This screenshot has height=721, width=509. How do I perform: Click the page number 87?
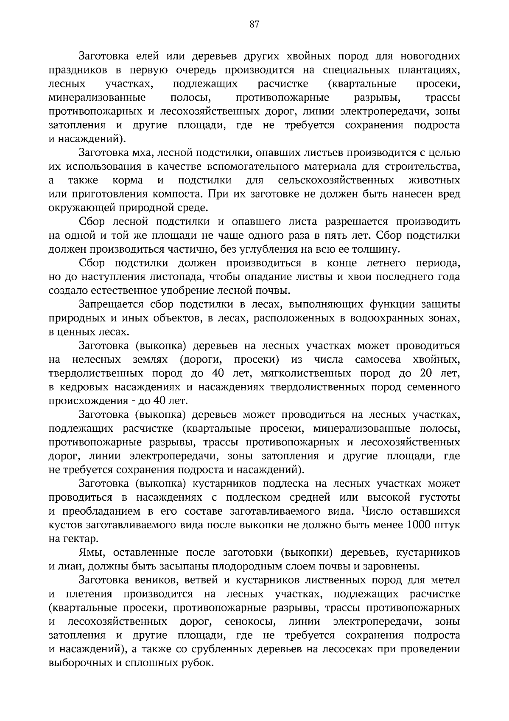click(x=254, y=24)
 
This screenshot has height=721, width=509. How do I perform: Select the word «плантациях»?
click(x=432, y=70)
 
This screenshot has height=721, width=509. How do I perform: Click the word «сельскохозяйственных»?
click(x=336, y=181)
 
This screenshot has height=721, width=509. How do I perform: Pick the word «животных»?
click(x=434, y=181)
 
